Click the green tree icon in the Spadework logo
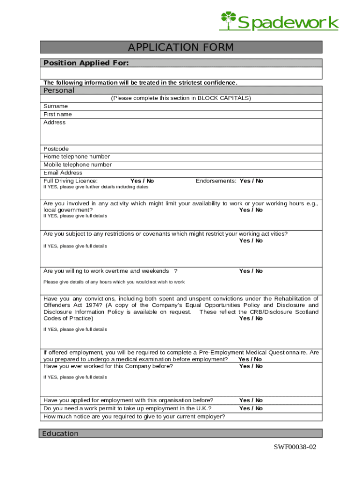point(228,21)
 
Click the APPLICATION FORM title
point(181,47)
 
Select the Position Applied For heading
point(86,63)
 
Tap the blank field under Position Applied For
point(181,73)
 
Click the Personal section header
point(59,90)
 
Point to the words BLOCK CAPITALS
point(224,98)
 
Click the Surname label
point(56,106)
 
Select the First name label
point(58,114)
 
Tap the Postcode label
point(56,149)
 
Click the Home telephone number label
point(77,157)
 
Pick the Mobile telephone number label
point(78,165)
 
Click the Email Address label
point(63,173)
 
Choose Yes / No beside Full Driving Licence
point(142,181)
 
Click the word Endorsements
point(216,181)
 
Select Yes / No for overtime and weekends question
point(251,271)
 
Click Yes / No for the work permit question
point(251,408)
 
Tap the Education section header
point(60,434)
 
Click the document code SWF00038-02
point(295,447)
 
